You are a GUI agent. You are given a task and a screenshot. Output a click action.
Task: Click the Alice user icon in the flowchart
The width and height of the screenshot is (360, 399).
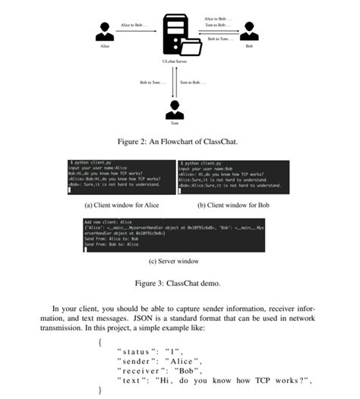tap(105, 31)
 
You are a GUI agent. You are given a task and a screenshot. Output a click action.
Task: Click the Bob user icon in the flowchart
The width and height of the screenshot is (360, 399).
tap(248, 31)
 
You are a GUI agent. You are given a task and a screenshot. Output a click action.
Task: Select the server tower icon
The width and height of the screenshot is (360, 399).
tap(174, 33)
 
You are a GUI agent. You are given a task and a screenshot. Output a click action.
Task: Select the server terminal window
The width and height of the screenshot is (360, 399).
tap(175, 235)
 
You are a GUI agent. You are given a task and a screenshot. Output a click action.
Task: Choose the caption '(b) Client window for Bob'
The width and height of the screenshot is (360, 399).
tap(234, 205)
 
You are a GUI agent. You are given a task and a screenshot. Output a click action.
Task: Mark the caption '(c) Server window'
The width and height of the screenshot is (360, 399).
tap(175, 262)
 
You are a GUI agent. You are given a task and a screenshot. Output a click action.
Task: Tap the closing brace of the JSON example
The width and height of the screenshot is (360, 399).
tap(99, 390)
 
